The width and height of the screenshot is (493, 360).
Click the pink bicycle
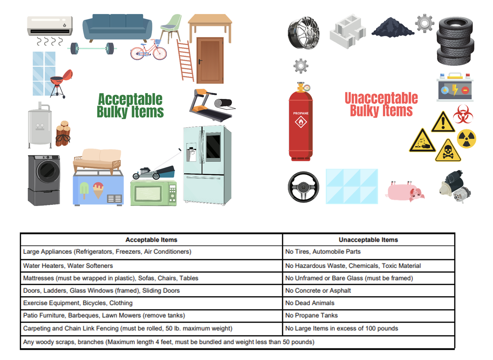pos(149,51)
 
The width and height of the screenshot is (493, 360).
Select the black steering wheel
pos(303,187)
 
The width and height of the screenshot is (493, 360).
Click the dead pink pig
pos(405,191)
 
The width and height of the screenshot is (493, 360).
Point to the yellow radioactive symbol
pos(466,139)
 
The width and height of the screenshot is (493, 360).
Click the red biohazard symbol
pos(463,114)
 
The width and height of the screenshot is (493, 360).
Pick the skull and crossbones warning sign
pos(448,151)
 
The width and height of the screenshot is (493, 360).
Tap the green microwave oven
pos(153,193)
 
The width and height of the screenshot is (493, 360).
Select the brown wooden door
pos(210,60)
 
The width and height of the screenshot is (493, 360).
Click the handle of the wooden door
pos(200,61)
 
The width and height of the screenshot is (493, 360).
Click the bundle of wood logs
pos(63,134)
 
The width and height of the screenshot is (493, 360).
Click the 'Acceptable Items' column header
pos(151,240)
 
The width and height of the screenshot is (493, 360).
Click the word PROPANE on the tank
pos(301,113)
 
